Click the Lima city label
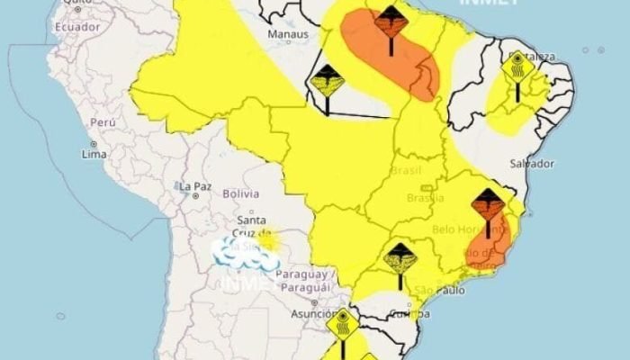tap(94, 155)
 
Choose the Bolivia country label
tap(240, 193)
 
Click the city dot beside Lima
tap(93, 144)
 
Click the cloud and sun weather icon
tap(245, 251)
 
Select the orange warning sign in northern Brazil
tap(390, 21)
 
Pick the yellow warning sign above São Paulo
tap(400, 258)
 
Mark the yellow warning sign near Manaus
tap(327, 82)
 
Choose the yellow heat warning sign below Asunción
tap(343, 323)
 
